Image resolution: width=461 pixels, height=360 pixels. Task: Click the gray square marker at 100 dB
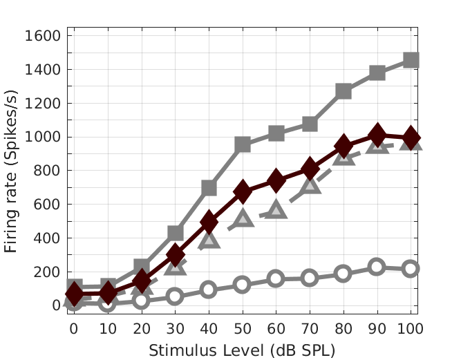[411, 60]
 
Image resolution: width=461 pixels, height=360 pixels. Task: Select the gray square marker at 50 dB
[242, 144]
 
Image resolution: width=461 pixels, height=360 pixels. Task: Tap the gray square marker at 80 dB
[344, 91]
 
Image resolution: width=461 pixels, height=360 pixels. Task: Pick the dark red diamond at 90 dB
[377, 135]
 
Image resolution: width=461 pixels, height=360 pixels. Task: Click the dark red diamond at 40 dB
[209, 222]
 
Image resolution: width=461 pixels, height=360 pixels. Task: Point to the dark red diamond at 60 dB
[276, 181]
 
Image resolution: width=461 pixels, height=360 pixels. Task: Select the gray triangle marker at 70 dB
[310, 184]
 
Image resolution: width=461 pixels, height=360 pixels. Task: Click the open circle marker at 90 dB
[377, 267]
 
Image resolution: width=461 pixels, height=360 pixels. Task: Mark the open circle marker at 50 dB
[242, 285]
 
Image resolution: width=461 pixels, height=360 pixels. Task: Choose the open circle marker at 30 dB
[175, 296]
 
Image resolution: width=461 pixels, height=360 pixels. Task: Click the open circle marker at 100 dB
[411, 268]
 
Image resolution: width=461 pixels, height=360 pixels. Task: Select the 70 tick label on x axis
[310, 330]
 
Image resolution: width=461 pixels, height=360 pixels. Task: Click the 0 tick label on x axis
[74, 330]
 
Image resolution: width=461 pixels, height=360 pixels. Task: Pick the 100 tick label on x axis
[411, 330]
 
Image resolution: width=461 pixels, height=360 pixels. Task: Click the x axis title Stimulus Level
[242, 350]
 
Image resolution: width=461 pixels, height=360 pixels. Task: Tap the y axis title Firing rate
[12, 170]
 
